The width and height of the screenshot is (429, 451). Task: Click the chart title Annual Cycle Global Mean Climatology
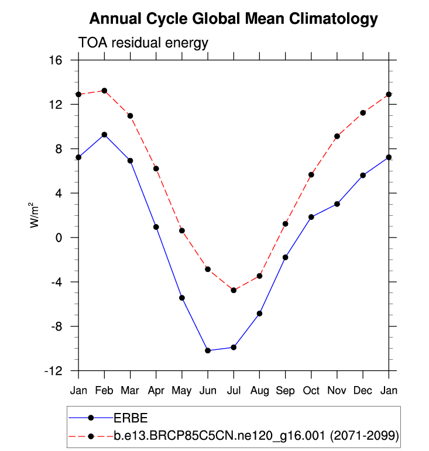coord(234,19)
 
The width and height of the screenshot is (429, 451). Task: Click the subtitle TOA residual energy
coord(143,43)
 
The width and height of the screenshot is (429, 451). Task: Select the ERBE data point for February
coord(104,135)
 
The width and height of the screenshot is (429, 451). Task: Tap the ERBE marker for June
coord(208,350)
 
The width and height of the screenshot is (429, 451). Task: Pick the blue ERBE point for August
coord(259,314)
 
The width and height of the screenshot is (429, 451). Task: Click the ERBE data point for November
coord(337,204)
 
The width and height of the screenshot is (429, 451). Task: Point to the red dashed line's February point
coord(104,91)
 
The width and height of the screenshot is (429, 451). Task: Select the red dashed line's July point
coord(234,290)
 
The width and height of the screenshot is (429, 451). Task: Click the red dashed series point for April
coord(156,168)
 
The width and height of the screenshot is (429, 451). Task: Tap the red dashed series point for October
coord(311,175)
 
